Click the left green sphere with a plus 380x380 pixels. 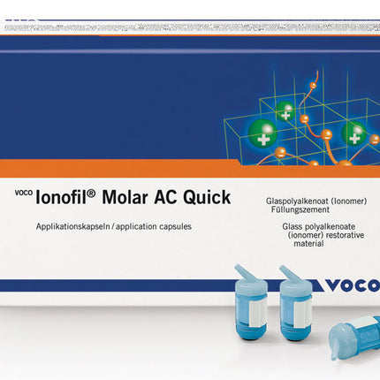[285, 112]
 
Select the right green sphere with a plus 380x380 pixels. [354, 135]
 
